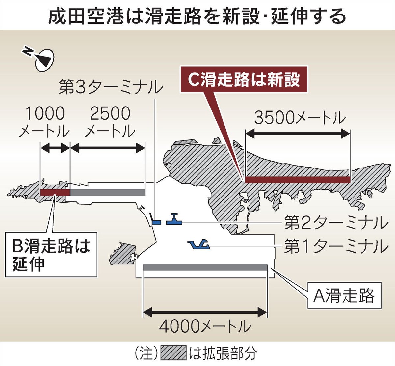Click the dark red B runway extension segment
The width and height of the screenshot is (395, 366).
(55, 192)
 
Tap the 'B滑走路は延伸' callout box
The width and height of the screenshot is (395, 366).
(51, 254)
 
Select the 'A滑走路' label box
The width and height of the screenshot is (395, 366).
(344, 295)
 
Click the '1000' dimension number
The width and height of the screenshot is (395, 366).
(45, 114)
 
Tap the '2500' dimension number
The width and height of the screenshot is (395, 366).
(110, 114)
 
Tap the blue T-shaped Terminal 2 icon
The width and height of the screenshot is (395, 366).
(174, 220)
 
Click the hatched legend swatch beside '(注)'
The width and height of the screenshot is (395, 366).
(173, 353)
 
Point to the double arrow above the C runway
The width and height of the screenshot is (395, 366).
(298, 134)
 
